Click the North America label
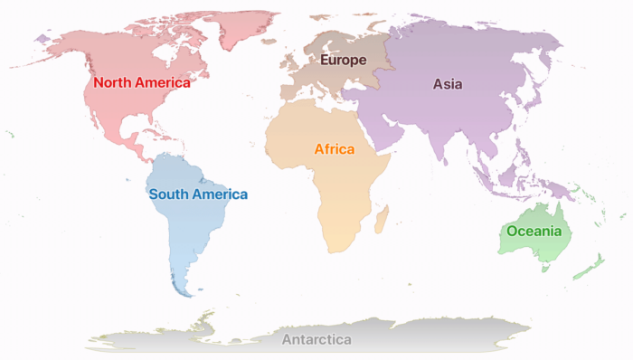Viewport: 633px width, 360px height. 142,82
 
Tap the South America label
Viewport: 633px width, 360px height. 198,194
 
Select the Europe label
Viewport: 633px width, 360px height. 343,61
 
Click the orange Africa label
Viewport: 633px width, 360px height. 334,149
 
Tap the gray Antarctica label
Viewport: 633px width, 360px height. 316,340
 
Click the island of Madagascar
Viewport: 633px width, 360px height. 382,217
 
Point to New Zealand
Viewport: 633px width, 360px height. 590,266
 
